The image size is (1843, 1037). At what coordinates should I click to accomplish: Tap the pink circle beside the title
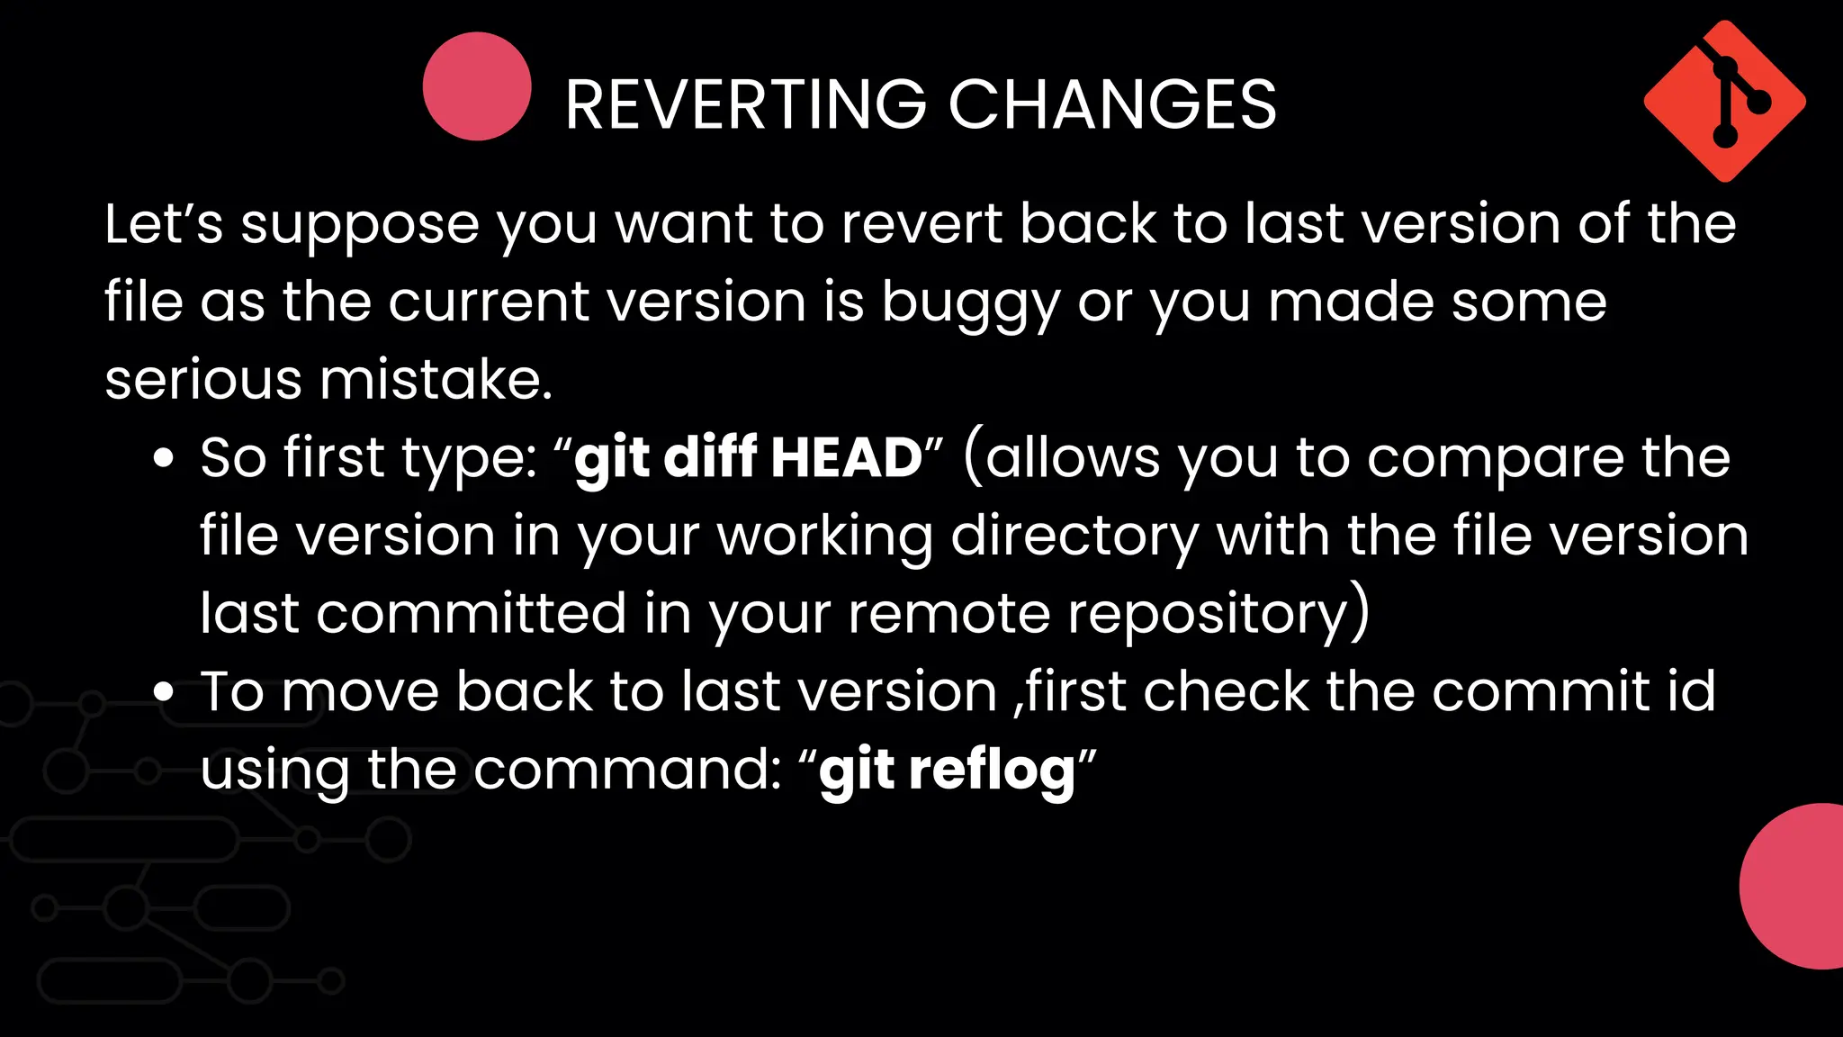477,86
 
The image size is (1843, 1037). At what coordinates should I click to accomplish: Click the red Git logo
1724,101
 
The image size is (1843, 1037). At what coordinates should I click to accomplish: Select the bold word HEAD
846,457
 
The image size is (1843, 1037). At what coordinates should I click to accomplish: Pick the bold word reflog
992,771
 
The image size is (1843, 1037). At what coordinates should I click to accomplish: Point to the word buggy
971,302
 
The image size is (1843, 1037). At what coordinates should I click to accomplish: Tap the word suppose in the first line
360,225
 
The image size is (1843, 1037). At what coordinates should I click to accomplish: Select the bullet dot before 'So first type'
163,458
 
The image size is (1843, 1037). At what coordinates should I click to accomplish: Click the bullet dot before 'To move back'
163,692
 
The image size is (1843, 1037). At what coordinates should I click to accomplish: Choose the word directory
1074,537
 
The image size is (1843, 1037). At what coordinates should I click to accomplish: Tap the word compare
1495,458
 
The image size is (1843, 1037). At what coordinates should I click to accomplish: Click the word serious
203,380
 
